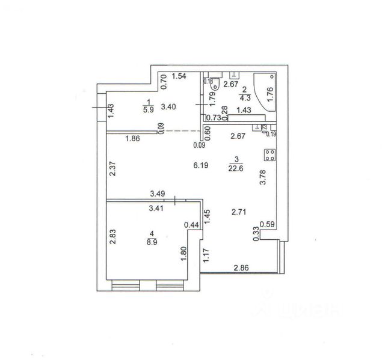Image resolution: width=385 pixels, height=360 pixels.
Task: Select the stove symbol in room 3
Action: [x=268, y=155]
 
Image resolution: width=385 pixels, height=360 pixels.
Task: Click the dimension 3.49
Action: [x=158, y=194]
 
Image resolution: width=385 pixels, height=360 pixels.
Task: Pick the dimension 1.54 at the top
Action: [x=179, y=76]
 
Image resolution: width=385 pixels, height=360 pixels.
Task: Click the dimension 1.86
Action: [x=133, y=139]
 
